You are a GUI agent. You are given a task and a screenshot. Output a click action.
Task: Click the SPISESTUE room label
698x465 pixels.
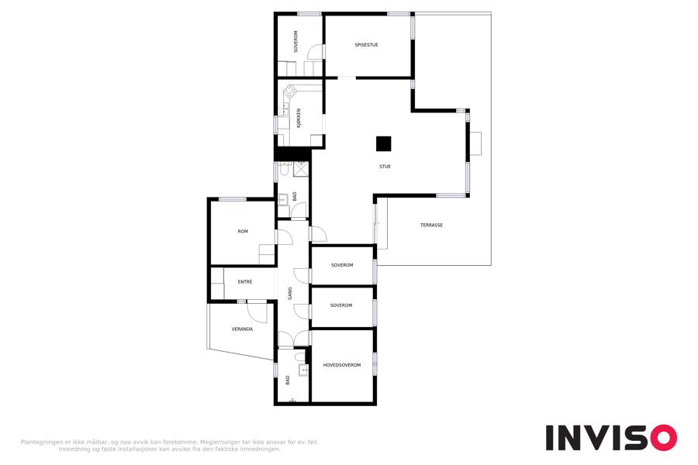click(x=366, y=45)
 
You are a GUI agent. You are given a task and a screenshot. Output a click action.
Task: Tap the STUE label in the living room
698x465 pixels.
click(x=385, y=167)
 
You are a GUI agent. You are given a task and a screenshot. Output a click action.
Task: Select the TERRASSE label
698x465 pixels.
click(x=431, y=226)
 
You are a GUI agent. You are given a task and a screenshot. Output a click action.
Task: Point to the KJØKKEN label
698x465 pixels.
click(x=299, y=119)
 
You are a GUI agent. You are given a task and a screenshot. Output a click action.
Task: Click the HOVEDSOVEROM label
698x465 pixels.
click(x=342, y=365)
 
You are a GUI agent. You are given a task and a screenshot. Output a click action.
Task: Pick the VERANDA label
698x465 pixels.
click(x=242, y=329)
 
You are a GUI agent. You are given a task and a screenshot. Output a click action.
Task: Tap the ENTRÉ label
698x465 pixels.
click(x=245, y=281)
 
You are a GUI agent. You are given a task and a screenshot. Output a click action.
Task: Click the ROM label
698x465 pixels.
click(x=243, y=232)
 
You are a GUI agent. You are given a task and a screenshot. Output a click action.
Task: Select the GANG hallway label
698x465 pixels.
click(x=290, y=293)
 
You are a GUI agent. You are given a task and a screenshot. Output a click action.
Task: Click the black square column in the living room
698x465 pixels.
click(x=384, y=143)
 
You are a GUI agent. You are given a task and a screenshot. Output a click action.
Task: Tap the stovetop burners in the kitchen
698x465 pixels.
click(x=290, y=92)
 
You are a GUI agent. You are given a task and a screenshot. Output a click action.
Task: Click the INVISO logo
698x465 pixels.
click(x=612, y=438)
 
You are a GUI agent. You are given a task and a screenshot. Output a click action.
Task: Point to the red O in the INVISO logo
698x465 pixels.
click(x=664, y=438)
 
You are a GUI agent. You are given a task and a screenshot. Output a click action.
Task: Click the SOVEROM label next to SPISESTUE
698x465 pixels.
click(x=295, y=41)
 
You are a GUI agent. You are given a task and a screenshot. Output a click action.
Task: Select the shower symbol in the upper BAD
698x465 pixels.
click(x=300, y=169)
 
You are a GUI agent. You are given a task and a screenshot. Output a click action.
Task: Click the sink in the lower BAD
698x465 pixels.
click(x=303, y=370)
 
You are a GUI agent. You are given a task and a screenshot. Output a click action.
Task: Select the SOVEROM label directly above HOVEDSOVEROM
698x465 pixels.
click(x=341, y=305)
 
